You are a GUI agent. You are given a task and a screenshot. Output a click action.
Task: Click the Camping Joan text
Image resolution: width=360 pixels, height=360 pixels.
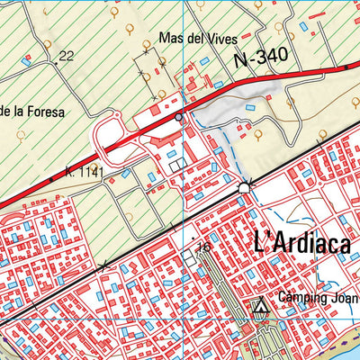pyautogui.click(x=318, y=298)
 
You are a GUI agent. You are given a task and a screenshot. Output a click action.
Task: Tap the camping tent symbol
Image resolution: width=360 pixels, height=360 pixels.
pyautogui.click(x=261, y=308)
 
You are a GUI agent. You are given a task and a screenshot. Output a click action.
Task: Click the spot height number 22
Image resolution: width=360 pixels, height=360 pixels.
pyautogui.click(x=65, y=57)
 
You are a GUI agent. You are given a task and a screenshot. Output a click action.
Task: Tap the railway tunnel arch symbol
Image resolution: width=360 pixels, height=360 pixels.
pyautogui.click(x=247, y=186)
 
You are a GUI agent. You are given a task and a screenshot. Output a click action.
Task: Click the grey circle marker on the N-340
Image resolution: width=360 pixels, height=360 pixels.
pyautogui.click(x=179, y=116)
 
